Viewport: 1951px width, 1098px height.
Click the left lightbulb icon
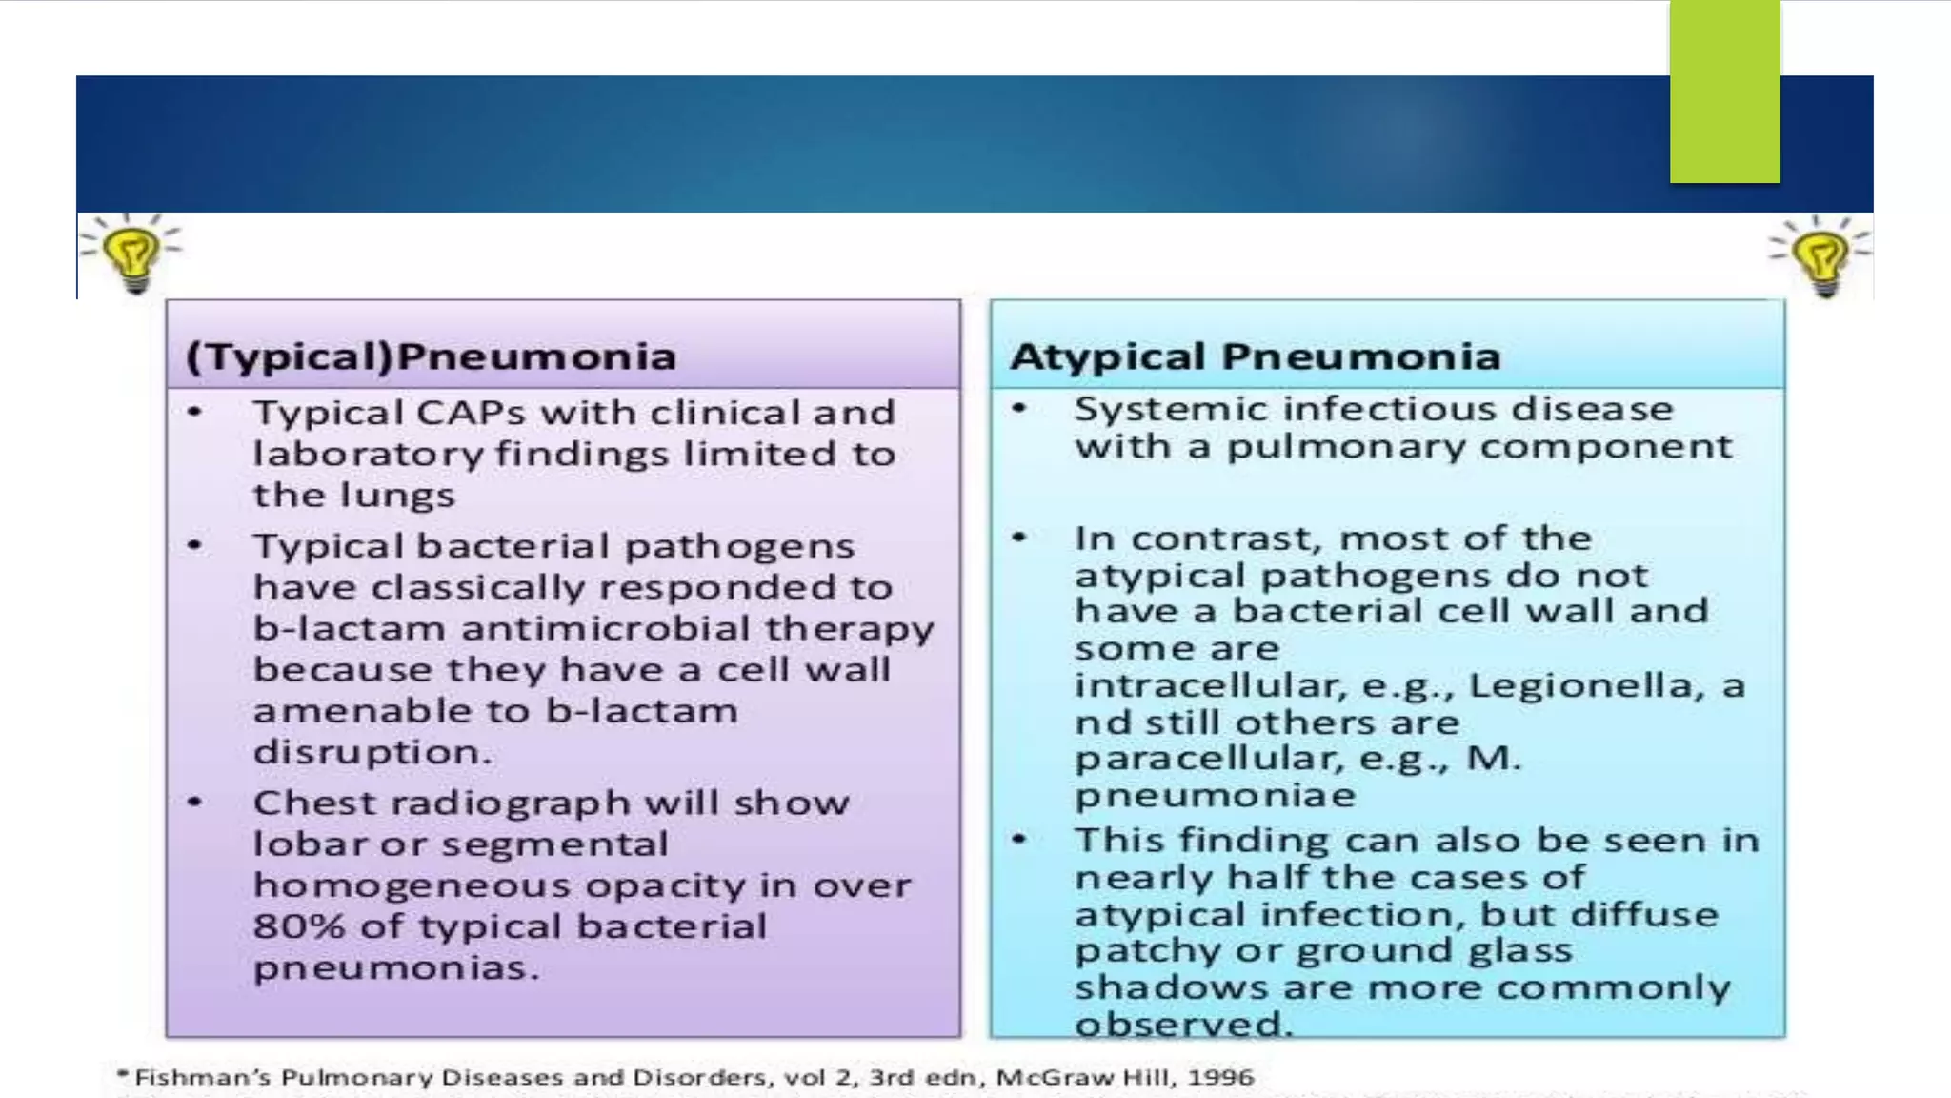[x=131, y=254]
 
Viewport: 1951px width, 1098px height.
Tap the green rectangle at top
[x=1724, y=91]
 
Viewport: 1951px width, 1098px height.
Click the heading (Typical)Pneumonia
[x=432, y=356]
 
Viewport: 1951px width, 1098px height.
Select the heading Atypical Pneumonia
[x=1255, y=356]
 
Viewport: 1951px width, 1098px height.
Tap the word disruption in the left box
[x=372, y=752]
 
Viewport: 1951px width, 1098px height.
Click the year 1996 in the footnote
[x=1220, y=1077]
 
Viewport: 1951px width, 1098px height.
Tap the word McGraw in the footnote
[x=1043, y=1077]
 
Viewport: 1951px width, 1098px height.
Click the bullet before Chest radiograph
[x=195, y=803]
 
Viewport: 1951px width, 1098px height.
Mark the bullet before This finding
[x=1019, y=840]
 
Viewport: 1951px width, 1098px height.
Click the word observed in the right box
[x=1182, y=1025]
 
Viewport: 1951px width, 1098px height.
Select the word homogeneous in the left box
[x=411, y=886]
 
